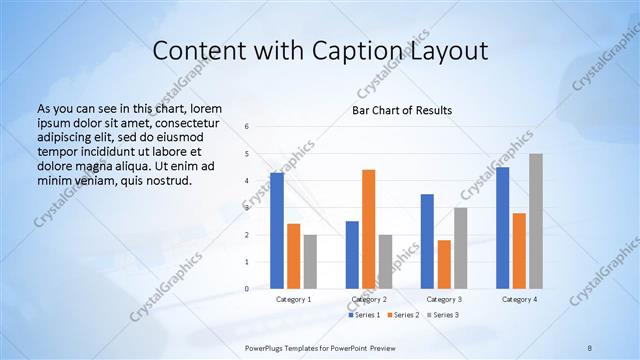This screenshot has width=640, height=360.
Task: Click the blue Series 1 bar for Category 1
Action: [x=277, y=231]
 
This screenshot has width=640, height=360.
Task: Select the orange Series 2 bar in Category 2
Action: [x=368, y=229]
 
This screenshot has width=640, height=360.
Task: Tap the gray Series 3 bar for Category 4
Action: [x=536, y=221]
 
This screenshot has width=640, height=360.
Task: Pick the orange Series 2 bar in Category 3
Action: [x=444, y=264]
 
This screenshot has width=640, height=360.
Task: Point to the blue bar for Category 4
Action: [x=502, y=228]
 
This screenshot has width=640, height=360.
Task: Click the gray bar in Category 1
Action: [x=310, y=262]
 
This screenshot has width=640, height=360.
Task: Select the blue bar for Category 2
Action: [x=352, y=255]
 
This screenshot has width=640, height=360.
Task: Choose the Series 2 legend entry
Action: [x=404, y=315]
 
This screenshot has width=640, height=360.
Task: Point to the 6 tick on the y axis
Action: [x=247, y=127]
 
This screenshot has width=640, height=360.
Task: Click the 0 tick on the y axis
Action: [x=247, y=289]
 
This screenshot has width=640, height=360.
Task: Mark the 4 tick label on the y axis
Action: [x=247, y=181]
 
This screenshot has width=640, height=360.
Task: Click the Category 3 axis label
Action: [x=444, y=299]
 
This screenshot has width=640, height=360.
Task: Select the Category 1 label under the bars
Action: [x=293, y=299]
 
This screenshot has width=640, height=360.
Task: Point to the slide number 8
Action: [x=590, y=347]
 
